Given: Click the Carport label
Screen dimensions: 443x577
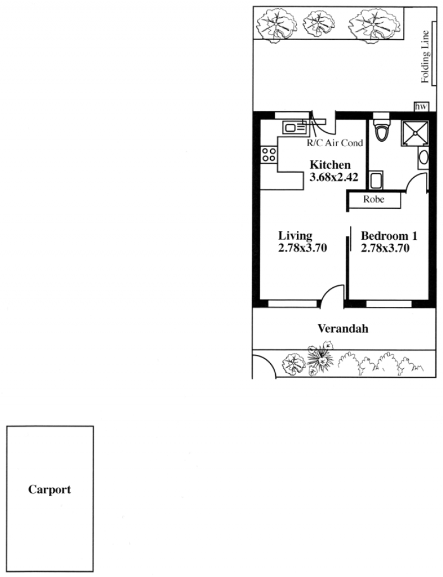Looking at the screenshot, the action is pyautogui.click(x=50, y=490).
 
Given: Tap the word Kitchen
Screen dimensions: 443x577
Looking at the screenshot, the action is pyautogui.click(x=330, y=165).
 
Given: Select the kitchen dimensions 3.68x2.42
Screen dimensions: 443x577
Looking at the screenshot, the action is pyautogui.click(x=334, y=177).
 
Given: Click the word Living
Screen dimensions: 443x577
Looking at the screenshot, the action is pyautogui.click(x=295, y=235).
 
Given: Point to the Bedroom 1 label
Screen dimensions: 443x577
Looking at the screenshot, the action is pyautogui.click(x=389, y=235).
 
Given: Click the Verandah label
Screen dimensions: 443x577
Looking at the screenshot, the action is pyautogui.click(x=343, y=328).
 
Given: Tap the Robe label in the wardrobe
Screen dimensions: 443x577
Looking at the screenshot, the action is pyautogui.click(x=373, y=199).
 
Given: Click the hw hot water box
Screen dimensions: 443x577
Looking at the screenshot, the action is pyautogui.click(x=421, y=107).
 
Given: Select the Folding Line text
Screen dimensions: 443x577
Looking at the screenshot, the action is pyautogui.click(x=425, y=56).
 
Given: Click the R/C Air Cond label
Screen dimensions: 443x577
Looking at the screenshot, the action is pyautogui.click(x=335, y=143).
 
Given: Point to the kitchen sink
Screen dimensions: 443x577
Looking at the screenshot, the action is pyautogui.click(x=295, y=128).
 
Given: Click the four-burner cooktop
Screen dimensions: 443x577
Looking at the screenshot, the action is pyautogui.click(x=269, y=154).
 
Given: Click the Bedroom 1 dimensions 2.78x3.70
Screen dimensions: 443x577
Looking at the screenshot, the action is pyautogui.click(x=385, y=248).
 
